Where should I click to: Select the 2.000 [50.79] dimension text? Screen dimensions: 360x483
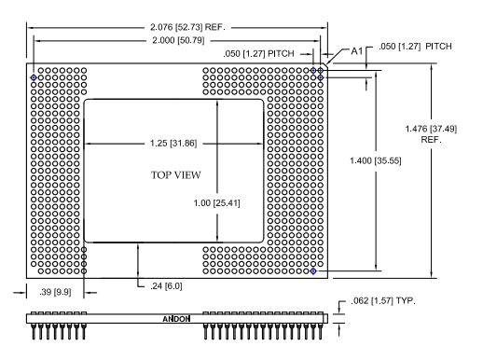click(x=176, y=42)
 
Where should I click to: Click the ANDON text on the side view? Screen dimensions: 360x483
click(x=176, y=318)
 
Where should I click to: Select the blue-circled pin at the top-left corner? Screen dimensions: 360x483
click(x=34, y=76)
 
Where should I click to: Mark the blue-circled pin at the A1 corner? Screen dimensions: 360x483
click(x=319, y=70)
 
